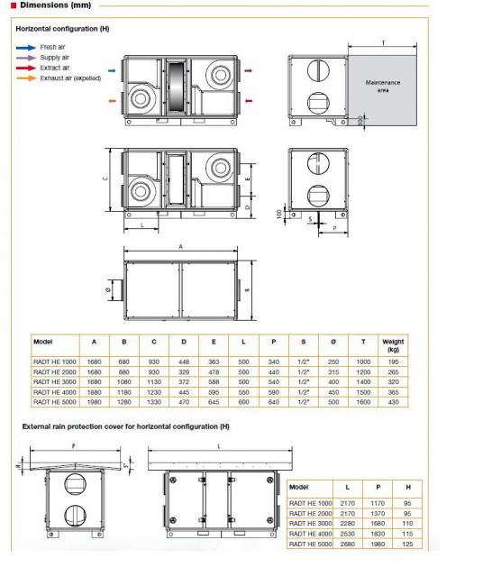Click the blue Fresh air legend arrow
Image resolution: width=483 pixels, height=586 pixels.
[x=26, y=48]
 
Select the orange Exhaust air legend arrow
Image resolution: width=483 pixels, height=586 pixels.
[x=26, y=78]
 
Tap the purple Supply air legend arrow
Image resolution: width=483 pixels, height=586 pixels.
[x=26, y=58]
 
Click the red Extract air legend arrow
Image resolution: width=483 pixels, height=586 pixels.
[x=26, y=68]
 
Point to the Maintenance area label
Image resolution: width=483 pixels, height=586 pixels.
[x=383, y=86]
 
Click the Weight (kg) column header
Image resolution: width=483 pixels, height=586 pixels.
[x=393, y=345]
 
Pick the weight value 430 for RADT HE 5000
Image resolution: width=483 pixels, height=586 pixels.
[x=394, y=402]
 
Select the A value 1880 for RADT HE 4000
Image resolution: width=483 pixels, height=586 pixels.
[x=94, y=392]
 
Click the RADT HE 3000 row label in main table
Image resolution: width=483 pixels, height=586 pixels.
[x=55, y=382]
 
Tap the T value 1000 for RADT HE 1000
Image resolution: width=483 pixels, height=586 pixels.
[x=363, y=362]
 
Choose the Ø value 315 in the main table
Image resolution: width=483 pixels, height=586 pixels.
[x=333, y=372]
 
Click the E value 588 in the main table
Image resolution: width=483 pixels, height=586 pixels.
[x=214, y=382]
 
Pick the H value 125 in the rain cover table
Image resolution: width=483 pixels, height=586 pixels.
[x=407, y=545]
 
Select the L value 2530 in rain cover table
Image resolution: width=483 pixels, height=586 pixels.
[x=348, y=534]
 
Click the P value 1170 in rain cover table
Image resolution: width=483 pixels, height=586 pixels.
[x=378, y=503]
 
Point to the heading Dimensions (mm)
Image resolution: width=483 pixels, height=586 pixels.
[x=56, y=5]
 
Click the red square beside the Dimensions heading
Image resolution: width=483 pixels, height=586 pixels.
[x=14, y=5]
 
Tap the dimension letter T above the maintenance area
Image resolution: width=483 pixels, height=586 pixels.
[x=383, y=43]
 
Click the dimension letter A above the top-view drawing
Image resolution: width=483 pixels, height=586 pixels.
[x=181, y=247]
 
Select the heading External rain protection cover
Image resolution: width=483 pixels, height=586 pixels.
[x=126, y=426]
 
